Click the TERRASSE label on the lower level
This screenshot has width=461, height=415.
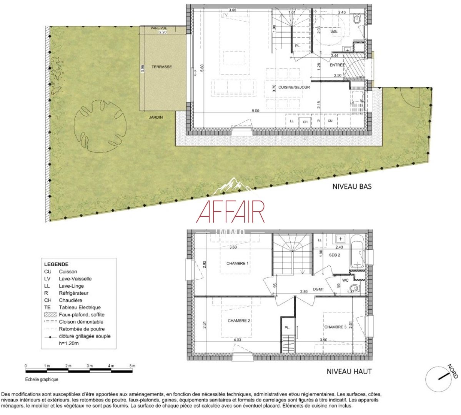[161, 67]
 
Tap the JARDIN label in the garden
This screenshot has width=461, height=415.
[156, 117]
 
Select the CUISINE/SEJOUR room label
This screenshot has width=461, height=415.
[294, 87]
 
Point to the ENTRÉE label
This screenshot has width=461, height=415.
[337, 65]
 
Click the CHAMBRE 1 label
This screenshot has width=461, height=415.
[237, 264]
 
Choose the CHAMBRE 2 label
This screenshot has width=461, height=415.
[239, 321]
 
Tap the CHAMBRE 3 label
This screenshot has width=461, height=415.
[335, 327]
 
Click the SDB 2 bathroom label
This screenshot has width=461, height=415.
[335, 255]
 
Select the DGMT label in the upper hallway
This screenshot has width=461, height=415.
[318, 289]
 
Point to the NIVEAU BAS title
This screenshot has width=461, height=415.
[352, 187]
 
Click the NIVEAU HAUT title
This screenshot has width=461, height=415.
[349, 372]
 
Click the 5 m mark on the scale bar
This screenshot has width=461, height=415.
[132, 366]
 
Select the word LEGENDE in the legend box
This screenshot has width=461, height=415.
[56, 264]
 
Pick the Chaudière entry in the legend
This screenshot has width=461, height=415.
[70, 300]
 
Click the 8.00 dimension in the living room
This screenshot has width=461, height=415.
[255, 111]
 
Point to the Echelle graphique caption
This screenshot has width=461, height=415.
[42, 380]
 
